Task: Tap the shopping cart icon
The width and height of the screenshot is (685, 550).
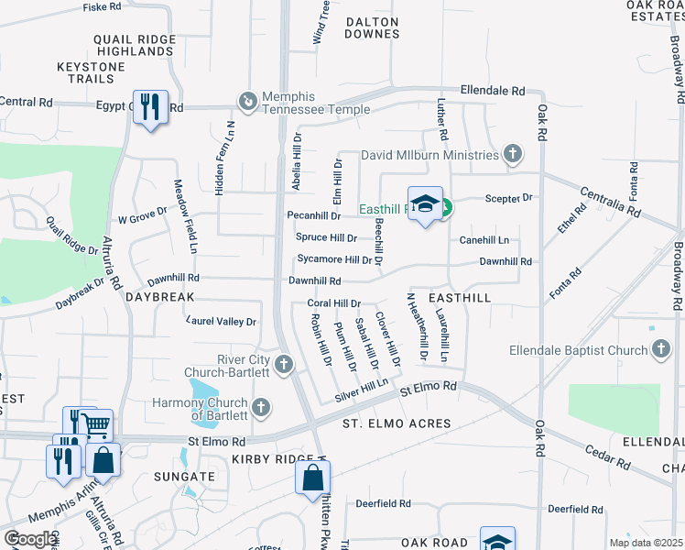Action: (x=96, y=424)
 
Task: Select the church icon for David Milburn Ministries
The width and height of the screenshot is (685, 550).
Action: (x=514, y=155)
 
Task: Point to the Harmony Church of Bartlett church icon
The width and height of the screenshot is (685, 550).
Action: (x=262, y=405)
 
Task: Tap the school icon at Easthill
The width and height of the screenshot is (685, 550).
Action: (x=425, y=205)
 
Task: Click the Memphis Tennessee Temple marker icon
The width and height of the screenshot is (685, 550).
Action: (x=245, y=99)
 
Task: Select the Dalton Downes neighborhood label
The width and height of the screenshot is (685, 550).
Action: (x=372, y=27)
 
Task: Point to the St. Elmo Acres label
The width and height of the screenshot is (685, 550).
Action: (x=397, y=423)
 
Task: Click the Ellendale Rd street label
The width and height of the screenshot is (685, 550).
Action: (x=493, y=92)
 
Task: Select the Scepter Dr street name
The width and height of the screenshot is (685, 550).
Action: (x=508, y=198)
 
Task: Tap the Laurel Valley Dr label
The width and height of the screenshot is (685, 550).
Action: (x=221, y=322)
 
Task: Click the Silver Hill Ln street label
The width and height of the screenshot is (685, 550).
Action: (x=362, y=389)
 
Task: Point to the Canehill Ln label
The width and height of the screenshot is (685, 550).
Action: (x=484, y=240)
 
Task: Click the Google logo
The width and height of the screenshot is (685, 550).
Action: (x=30, y=539)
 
